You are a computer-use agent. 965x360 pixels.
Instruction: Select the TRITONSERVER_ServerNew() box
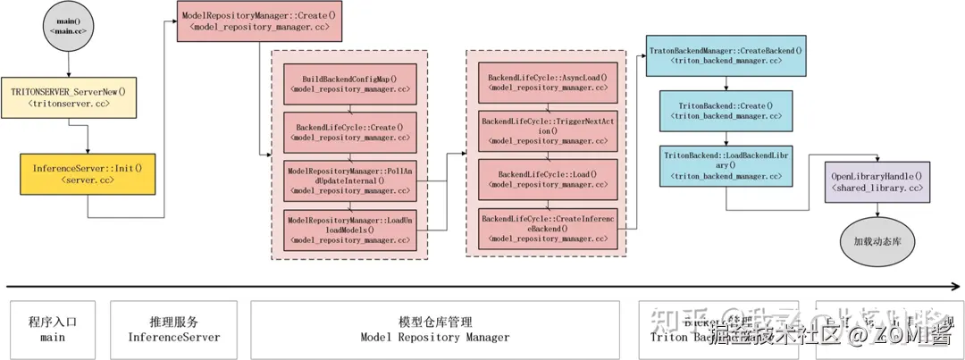[x=68, y=96]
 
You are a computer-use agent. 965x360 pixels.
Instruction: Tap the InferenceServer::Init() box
[x=87, y=174]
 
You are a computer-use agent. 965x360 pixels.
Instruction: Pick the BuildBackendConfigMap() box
[x=349, y=83]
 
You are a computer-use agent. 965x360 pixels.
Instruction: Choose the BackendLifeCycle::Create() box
[x=349, y=132]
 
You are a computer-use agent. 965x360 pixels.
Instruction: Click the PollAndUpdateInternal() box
[x=349, y=180]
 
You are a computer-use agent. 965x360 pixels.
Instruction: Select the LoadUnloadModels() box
[x=349, y=229]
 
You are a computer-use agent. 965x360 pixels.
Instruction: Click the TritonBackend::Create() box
[x=726, y=111]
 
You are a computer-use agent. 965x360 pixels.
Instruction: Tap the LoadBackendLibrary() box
[x=726, y=165]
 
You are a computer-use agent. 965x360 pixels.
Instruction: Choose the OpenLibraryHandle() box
[x=876, y=183]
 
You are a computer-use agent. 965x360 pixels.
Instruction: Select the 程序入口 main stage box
[x=53, y=329]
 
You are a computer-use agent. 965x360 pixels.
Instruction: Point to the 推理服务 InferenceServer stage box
[x=174, y=329]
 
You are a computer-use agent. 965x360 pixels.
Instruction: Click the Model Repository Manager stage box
[x=435, y=329]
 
